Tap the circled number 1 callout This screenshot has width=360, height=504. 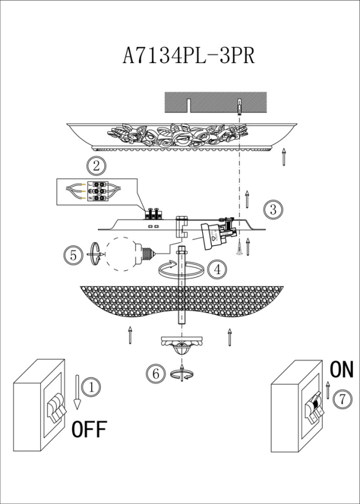[x=91, y=387]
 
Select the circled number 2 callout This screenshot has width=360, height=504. [x=95, y=164]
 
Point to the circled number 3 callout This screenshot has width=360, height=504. [x=272, y=209]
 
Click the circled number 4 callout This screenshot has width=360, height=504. [x=217, y=269]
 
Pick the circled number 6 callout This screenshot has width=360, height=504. [x=155, y=374]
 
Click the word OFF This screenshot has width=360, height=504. [x=89, y=429]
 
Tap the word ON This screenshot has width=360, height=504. [x=341, y=370]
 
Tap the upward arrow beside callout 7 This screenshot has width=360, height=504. [x=328, y=389]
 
